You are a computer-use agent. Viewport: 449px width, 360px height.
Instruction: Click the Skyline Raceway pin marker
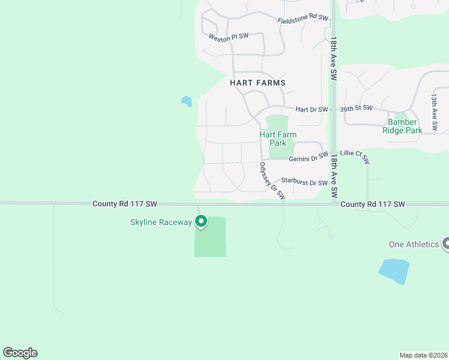(202, 222)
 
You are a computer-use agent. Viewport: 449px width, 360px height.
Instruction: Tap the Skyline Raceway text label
(161, 223)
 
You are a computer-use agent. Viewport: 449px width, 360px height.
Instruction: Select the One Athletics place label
(414, 244)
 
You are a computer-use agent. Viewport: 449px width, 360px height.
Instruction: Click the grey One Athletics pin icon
(446, 244)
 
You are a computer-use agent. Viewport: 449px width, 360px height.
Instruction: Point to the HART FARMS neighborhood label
(258, 83)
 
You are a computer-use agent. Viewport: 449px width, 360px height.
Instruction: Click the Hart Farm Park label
(278, 139)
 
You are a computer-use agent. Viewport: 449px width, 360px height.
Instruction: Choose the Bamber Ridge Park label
(403, 127)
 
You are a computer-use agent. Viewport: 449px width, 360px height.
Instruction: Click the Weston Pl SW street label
(229, 37)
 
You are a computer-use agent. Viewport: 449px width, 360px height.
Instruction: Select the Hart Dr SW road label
(312, 109)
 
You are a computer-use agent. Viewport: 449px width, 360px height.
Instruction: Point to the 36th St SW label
(357, 109)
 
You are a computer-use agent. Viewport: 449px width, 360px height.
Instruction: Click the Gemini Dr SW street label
(308, 158)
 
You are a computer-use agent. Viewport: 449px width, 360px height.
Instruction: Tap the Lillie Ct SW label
(355, 156)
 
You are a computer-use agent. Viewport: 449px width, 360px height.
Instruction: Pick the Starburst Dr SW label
(304, 182)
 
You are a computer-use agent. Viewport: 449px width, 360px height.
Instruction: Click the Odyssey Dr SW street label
(272, 181)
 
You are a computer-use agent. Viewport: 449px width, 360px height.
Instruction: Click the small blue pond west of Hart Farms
(187, 101)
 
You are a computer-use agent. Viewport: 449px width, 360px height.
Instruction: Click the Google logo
(20, 353)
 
